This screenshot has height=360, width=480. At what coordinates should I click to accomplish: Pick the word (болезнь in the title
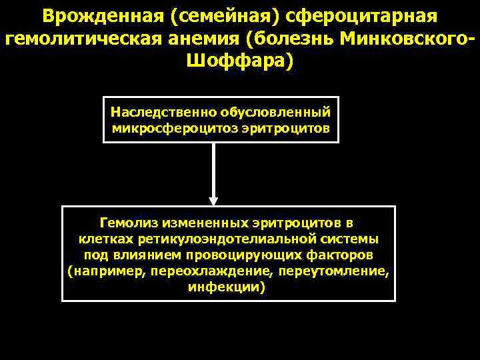click(x=289, y=39)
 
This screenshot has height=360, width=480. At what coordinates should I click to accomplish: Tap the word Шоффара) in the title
click(x=239, y=62)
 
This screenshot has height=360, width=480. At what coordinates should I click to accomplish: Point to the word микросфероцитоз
click(x=177, y=127)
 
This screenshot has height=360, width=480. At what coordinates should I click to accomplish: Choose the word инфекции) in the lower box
click(x=227, y=288)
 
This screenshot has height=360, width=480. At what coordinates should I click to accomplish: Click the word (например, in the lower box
click(x=107, y=271)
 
